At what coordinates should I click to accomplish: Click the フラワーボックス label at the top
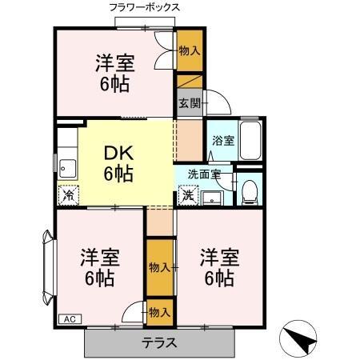[144, 7]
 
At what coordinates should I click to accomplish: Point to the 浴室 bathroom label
[222, 141]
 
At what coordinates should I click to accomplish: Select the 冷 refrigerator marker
[69, 194]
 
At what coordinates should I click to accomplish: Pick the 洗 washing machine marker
[188, 194]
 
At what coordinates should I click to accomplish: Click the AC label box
[69, 318]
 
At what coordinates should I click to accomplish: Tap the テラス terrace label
[159, 343]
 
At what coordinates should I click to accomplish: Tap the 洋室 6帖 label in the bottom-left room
[100, 268]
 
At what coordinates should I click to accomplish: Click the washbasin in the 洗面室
[213, 198]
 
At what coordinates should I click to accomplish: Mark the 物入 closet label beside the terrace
[159, 312]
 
